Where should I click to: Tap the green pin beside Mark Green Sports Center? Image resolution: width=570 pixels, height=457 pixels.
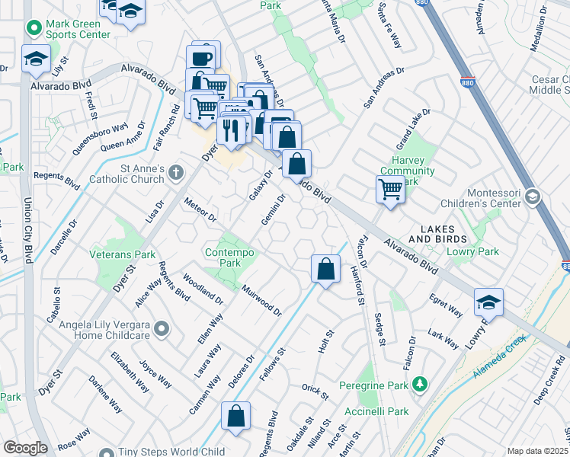coord(34,29)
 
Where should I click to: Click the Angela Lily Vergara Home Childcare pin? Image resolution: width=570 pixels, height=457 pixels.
coord(161,329)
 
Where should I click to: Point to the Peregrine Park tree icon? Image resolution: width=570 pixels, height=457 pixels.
coord(418,386)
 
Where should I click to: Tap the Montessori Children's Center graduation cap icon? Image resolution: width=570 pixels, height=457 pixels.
coord(532,198)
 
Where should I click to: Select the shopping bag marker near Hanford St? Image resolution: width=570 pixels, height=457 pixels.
coord(325,269)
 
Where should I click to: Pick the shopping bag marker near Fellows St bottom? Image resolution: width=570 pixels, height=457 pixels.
coord(235,416)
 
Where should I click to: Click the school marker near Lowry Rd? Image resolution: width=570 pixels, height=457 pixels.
coord(488,302)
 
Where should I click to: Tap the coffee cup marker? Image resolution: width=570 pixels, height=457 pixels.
coord(203,58)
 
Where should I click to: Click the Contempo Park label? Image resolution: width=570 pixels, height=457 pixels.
coord(230,257)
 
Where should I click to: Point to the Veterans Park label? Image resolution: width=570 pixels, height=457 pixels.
coord(123,254)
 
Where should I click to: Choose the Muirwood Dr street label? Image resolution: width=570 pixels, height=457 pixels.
coord(261,301)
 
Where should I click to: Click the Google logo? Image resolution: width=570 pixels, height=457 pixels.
coord(24,448)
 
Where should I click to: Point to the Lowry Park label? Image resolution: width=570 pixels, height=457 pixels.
coord(476,251)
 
